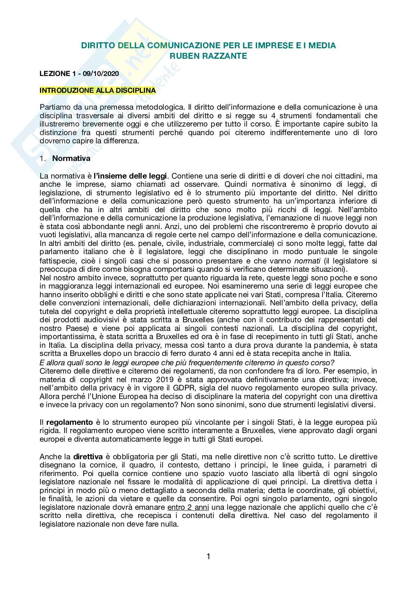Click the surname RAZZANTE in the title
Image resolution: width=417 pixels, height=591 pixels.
click(224, 56)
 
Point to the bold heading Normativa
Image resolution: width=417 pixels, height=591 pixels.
click(71, 158)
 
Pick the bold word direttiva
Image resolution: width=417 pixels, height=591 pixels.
click(88, 457)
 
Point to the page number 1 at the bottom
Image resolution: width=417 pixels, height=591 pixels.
click(208, 566)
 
